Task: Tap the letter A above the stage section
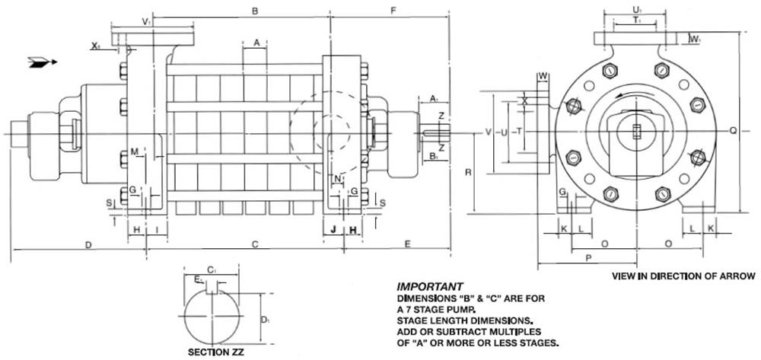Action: coord(257,43)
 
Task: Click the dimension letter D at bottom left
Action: coord(88,245)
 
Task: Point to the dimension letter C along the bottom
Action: coord(255,245)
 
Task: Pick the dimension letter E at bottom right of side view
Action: coord(408,244)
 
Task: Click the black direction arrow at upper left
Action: coord(43,62)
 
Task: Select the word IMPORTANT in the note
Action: coord(430,287)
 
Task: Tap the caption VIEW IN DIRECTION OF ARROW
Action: coord(683,276)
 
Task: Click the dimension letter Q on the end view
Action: coord(733,130)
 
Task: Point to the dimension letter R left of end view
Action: coord(468,172)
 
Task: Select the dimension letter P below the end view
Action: coord(589,258)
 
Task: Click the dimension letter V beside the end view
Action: coord(489,132)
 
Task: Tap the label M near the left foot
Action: coord(135,152)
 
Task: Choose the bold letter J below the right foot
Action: coord(333,229)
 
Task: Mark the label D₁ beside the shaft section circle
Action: coord(265,320)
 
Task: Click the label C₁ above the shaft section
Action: coord(211,269)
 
